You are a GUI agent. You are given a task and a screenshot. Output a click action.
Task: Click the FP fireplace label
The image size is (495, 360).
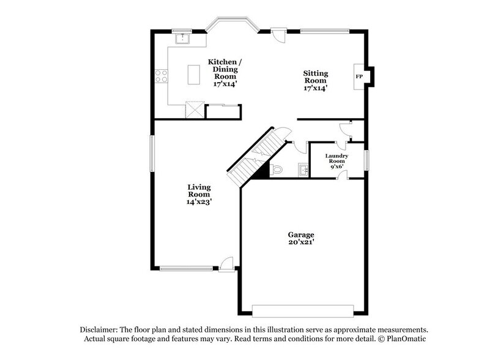[359, 77]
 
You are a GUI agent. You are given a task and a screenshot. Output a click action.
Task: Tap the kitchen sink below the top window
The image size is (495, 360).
[182, 40]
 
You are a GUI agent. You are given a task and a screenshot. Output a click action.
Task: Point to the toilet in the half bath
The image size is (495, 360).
[276, 170]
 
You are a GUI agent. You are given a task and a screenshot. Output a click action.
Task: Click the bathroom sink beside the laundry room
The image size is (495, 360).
[303, 170]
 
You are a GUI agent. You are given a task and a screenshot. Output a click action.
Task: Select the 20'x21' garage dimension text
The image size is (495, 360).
[301, 243]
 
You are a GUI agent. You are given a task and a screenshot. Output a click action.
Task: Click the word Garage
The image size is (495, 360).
[301, 234]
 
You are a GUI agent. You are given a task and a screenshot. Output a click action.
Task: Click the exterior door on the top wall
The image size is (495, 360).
[278, 34]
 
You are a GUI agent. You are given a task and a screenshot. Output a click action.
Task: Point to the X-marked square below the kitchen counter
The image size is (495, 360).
[195, 110]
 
